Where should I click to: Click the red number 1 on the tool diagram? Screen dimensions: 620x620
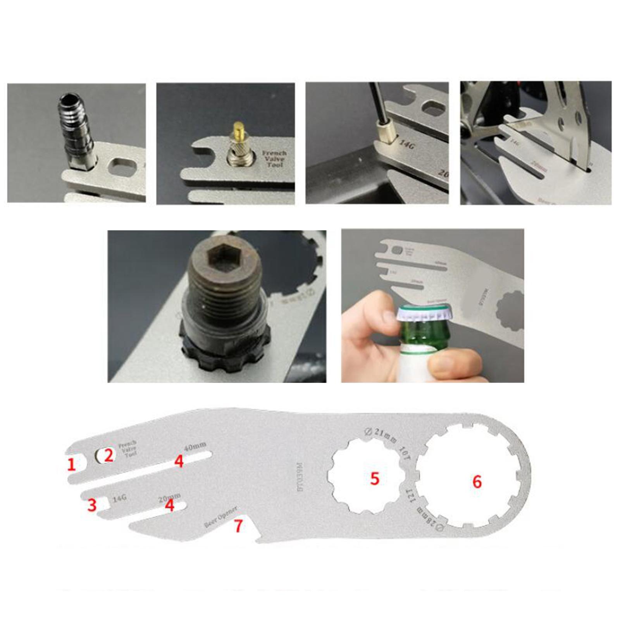coord(71,465)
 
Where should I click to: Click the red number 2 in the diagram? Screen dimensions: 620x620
coord(108,455)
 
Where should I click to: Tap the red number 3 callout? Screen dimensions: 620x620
coord(92,505)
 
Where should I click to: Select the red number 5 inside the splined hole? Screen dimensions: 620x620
coord(374,479)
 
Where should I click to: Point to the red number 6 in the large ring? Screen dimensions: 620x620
coord(477,482)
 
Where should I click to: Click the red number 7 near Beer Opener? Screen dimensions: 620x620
coord(238,526)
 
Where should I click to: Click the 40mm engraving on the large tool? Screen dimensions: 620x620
coord(195,447)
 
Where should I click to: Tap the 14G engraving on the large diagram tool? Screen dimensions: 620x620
coord(120,499)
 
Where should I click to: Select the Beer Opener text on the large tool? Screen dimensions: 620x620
coord(220,517)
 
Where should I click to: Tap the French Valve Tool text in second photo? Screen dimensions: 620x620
coord(274,159)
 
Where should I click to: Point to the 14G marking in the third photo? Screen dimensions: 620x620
coord(406,145)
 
